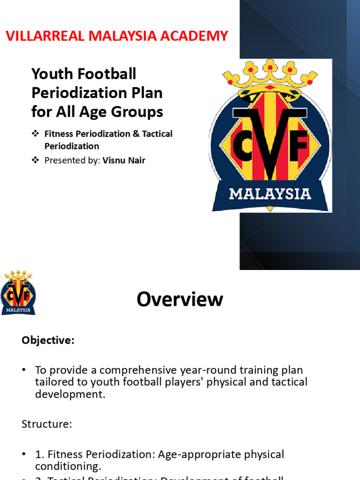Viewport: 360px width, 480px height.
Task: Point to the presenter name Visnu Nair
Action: point(124,160)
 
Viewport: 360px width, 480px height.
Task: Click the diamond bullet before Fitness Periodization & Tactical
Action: point(35,134)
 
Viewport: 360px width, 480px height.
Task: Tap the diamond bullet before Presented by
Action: point(35,160)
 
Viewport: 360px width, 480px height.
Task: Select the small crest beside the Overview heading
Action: point(18,292)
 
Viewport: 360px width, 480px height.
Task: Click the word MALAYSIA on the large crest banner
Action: point(270,194)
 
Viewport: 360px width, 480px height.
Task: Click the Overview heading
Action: point(180,299)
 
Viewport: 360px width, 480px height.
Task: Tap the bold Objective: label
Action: point(48,341)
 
